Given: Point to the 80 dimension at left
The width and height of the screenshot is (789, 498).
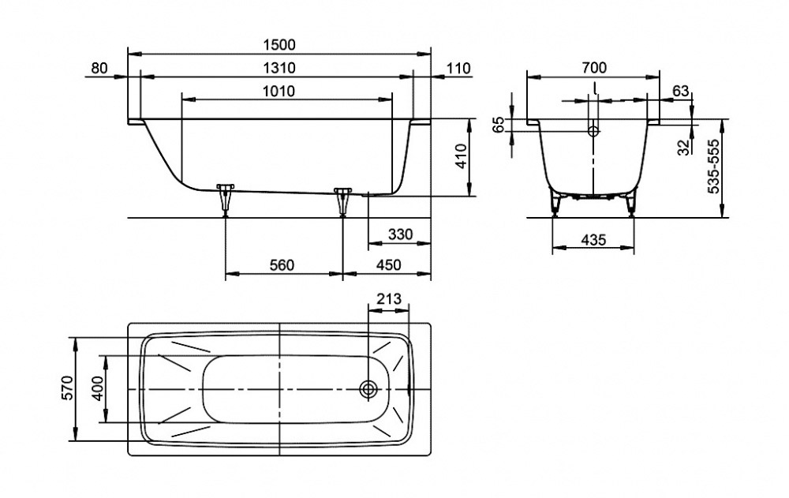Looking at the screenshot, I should pos(99,68).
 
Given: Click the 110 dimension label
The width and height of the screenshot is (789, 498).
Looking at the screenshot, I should pos(458,68).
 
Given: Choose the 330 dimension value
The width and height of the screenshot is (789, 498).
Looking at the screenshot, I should pos(401,235).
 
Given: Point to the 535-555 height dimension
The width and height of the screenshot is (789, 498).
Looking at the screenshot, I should pos(712,168).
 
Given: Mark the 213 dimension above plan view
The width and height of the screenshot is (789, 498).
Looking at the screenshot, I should pos(390,299).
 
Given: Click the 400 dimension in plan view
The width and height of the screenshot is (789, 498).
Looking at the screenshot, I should pos(95,390).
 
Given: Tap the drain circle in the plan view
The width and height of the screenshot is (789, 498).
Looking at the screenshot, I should pos(368,389).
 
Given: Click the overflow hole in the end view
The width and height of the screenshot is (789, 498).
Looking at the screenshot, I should pos(593,130).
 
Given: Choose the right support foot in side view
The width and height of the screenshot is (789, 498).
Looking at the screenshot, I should pos(342,199).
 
